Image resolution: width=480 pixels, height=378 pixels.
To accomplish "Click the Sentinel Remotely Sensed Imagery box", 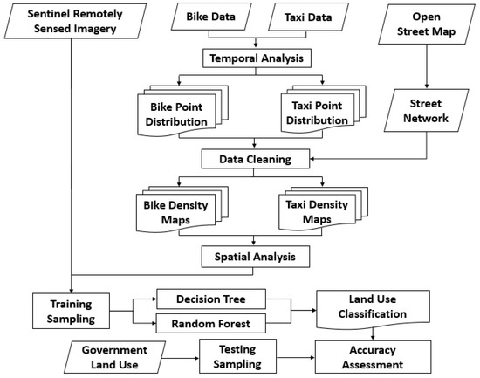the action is point(75,21).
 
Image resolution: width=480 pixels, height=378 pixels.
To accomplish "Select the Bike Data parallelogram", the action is point(211,17).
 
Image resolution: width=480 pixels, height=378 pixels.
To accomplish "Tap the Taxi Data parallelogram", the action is point(308,17).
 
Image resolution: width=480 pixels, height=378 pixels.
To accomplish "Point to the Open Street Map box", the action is point(427,24).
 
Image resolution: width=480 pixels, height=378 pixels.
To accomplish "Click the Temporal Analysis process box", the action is point(257,58).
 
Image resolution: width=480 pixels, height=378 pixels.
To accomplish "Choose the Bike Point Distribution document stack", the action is point(182,111).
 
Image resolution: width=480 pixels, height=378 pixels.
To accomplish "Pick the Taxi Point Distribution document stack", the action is point(323,110).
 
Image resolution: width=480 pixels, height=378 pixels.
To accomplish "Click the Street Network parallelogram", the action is point(426,111).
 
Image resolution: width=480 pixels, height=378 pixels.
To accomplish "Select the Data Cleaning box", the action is point(256,159).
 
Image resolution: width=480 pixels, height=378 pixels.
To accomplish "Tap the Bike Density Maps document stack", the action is point(182,210).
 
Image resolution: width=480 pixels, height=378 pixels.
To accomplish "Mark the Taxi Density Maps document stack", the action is point(323,209).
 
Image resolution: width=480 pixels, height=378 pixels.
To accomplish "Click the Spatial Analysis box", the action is point(256,257).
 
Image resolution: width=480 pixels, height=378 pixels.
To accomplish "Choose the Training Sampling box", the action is point(71,311).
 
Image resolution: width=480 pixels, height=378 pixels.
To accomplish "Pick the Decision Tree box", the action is point(211,299).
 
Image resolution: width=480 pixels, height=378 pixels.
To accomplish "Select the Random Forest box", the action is point(211,324).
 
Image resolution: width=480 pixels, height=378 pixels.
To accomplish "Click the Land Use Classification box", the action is point(373,309).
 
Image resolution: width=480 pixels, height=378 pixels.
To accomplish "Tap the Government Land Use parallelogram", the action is point(115,357).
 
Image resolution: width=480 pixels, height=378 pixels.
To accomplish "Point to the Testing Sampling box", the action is point(237,356).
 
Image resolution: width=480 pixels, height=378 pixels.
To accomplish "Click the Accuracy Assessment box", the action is point(373,357).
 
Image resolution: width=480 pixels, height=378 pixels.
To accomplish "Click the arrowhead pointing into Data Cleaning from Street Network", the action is point(312,159).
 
